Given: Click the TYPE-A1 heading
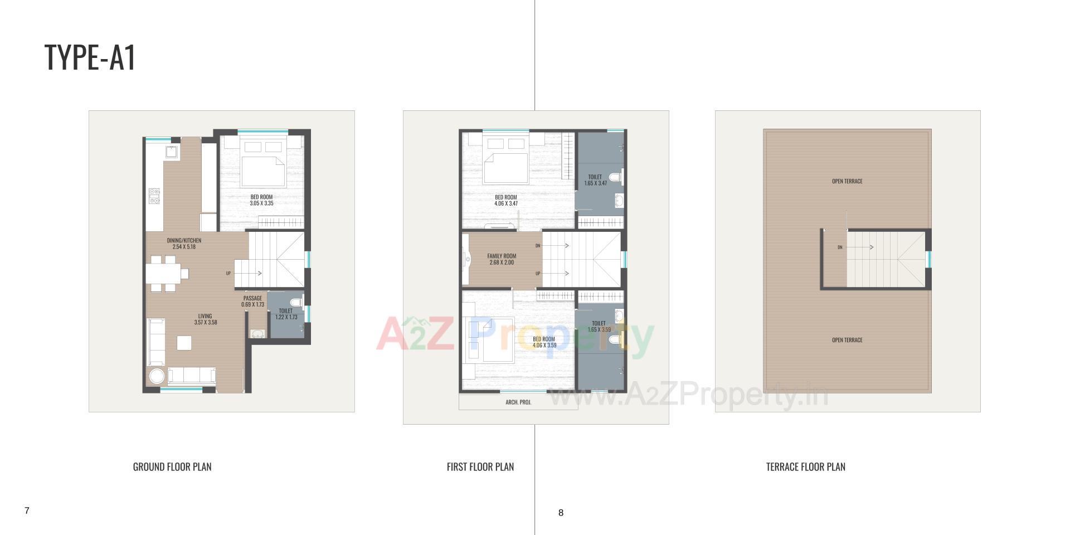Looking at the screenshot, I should [x=90, y=57].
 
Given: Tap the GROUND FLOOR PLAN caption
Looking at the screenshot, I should [x=172, y=467].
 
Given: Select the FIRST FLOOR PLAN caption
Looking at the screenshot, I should [x=480, y=467].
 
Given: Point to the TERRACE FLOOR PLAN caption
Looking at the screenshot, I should [x=805, y=467].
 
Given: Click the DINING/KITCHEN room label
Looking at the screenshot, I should [x=184, y=244].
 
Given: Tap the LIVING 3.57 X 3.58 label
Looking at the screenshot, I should [x=205, y=319].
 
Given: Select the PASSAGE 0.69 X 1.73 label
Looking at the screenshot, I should [x=252, y=301].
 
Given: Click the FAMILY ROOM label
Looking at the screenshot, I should [x=502, y=259].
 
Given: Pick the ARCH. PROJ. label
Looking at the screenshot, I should [x=518, y=402].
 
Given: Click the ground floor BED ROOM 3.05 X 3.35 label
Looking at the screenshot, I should [x=261, y=200].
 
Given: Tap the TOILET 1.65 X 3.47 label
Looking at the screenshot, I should [x=595, y=180].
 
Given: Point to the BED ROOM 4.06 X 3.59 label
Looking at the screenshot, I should [x=544, y=342].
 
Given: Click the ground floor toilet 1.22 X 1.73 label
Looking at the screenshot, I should [x=286, y=314].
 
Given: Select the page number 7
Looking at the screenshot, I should [x=27, y=510].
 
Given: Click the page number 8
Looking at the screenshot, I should [x=561, y=513].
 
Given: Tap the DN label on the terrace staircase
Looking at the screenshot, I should [x=840, y=247].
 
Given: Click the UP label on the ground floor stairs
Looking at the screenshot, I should [x=228, y=273].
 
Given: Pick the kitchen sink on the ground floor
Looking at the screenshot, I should [x=171, y=152].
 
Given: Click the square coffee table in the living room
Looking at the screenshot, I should [x=184, y=343].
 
